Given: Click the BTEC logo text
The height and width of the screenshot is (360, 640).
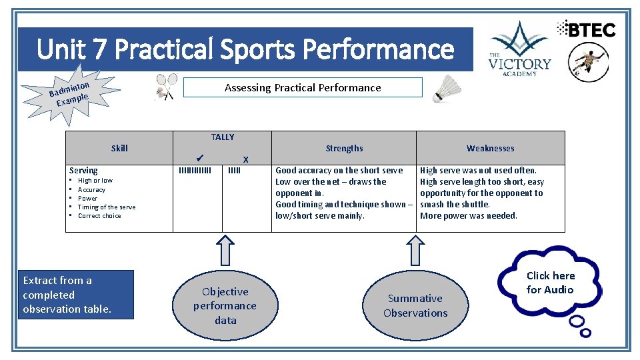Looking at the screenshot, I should [x=586, y=29].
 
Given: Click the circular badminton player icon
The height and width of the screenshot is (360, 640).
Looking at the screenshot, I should [x=588, y=62].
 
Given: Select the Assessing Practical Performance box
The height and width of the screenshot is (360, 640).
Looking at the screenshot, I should [x=303, y=87].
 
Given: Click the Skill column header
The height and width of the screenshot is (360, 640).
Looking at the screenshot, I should [x=119, y=148].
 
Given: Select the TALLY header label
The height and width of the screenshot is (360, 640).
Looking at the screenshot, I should [x=223, y=137].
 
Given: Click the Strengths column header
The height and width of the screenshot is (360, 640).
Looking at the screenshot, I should [x=344, y=148].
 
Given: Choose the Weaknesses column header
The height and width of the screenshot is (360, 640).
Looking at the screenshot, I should [x=490, y=148].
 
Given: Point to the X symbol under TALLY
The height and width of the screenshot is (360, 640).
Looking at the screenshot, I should [x=245, y=159].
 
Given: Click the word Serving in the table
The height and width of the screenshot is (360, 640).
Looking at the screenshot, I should [x=83, y=171].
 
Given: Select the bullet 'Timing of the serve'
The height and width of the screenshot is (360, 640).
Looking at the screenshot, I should [x=107, y=207].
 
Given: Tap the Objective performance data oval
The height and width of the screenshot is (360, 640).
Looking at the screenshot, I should [x=225, y=306].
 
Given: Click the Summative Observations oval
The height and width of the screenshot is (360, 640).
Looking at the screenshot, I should [x=415, y=306].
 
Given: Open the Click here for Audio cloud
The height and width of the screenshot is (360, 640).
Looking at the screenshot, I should [x=551, y=283].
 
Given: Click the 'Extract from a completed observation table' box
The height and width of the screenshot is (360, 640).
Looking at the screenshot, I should [x=76, y=295].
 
